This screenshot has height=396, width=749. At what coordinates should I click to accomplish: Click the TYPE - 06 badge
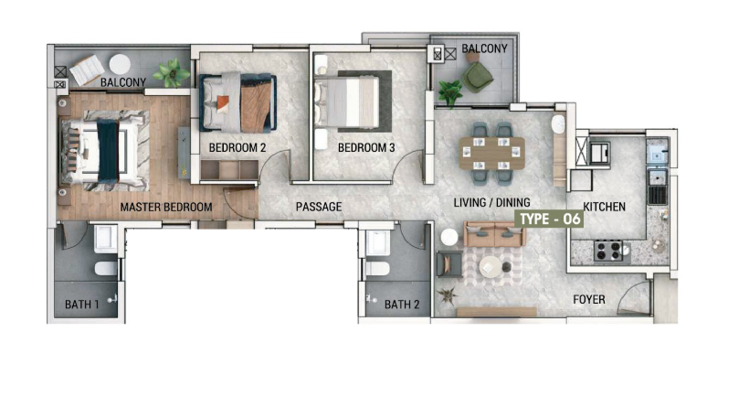550,219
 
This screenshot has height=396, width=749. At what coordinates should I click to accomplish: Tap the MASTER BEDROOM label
165,207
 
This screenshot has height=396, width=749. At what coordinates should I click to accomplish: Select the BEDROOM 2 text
237,148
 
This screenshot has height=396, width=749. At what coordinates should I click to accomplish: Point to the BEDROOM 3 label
366,148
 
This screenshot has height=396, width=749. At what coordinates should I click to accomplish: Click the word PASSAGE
319,207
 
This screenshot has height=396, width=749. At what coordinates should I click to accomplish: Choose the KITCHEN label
605,207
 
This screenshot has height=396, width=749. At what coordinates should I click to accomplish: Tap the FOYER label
589,299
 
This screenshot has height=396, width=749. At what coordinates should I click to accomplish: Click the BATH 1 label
81,305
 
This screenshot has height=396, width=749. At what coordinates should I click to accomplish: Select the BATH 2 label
402,305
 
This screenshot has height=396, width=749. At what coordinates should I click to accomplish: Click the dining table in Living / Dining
492,153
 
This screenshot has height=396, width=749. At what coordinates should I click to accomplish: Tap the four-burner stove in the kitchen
608,251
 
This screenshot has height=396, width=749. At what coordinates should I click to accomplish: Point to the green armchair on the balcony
477,77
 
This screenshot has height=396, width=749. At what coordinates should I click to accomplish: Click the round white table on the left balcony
120,64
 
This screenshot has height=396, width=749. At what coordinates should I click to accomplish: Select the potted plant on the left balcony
172,72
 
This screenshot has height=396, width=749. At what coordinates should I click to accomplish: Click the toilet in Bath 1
106,268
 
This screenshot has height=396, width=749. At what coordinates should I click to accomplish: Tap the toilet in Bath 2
377,268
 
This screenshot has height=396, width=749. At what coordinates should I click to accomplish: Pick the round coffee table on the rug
491,267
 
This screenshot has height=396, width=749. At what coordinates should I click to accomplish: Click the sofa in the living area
494,233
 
